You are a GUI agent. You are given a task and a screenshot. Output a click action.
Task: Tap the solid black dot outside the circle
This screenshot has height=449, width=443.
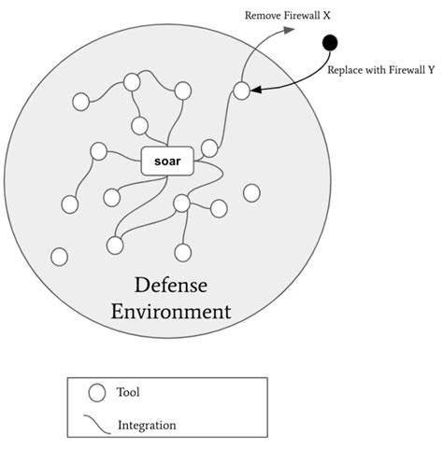point(329,42)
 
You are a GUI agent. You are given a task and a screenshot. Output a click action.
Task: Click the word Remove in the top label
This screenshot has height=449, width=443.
point(263,16)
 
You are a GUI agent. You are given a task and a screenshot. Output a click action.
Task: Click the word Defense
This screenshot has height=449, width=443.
point(171,284)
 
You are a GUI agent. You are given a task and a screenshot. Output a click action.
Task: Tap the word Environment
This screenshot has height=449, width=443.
point(170,311)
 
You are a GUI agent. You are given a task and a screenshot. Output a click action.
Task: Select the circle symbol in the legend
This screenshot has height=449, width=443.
point(96,393)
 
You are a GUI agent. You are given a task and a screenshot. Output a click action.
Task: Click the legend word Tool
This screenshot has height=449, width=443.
point(129,392)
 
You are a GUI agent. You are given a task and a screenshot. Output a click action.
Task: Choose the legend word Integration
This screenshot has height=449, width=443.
point(147,426)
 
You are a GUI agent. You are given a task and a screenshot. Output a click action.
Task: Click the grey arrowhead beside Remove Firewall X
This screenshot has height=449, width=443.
point(290,30)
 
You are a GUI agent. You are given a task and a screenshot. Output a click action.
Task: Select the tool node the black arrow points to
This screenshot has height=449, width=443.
point(242,91)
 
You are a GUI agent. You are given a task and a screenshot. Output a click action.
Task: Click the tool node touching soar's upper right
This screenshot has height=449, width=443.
point(209,147)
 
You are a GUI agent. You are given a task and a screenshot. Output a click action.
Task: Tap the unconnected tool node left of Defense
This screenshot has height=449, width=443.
point(60,256)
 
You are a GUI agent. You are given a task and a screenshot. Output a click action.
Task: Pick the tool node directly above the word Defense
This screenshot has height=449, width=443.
point(183,252)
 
